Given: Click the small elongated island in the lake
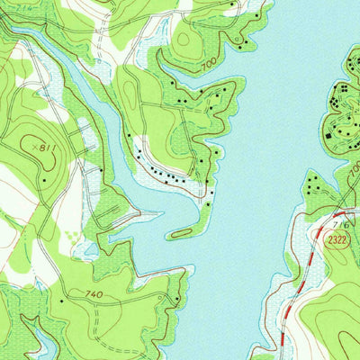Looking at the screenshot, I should (182, 232).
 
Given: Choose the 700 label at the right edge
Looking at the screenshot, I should (354, 169).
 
